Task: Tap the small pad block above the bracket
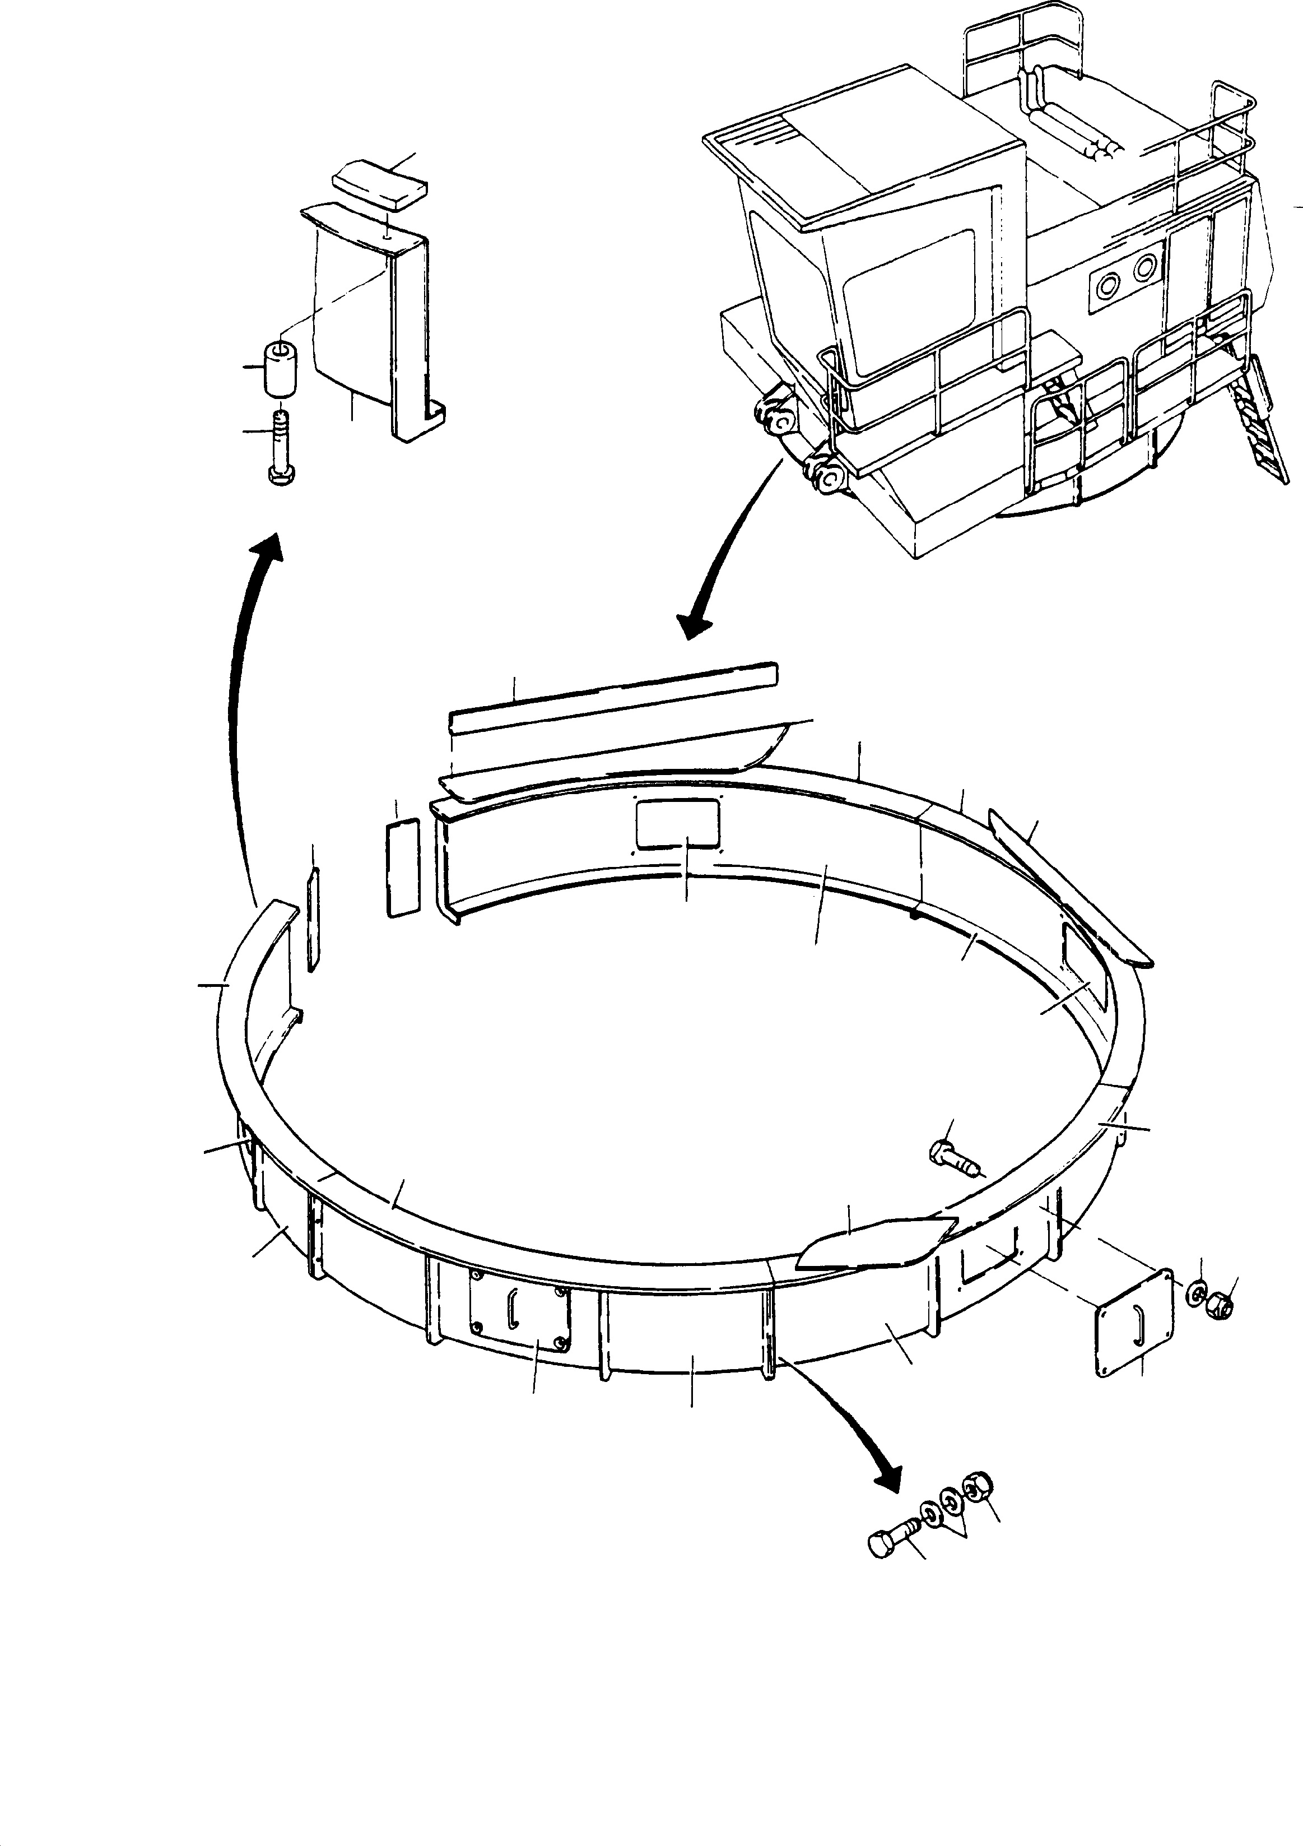point(381,187)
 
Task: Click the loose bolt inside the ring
point(952,1158)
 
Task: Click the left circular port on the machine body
point(1109,284)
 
